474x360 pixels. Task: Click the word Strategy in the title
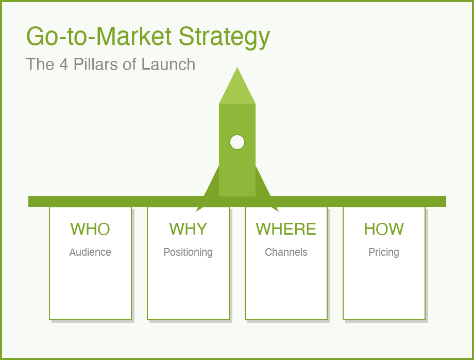[x=224, y=37]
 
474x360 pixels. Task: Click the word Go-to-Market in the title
[x=99, y=36]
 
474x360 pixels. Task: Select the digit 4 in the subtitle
[x=64, y=64]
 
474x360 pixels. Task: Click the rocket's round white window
[x=237, y=142]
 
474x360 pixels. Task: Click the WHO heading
[x=90, y=229]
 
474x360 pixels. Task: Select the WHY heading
[x=188, y=229]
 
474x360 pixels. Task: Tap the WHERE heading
[x=286, y=229]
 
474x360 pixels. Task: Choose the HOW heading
[x=384, y=229]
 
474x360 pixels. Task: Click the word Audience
[x=90, y=252]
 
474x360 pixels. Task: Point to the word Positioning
[x=188, y=252]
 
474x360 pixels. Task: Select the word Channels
[x=286, y=252]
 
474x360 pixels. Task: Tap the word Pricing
[x=384, y=252]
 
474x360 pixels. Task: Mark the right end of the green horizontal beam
[x=443, y=201]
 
